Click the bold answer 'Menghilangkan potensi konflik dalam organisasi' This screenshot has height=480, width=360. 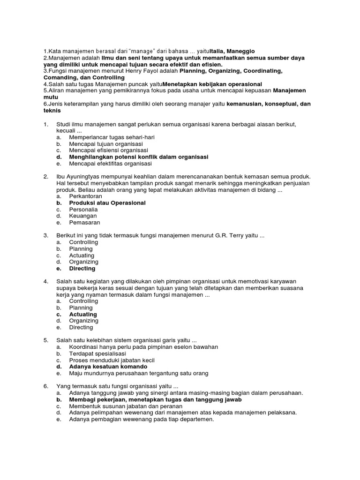coord(139,157)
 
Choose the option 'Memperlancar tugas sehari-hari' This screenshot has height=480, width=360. coord(112,137)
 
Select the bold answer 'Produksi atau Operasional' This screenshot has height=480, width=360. coord(107,203)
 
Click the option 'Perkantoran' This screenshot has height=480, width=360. coord(85,196)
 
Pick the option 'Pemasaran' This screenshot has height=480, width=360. coord(84,223)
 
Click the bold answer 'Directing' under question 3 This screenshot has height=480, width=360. coord(82,269)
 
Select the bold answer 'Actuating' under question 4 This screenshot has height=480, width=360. coord(83,314)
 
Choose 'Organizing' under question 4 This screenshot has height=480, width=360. coord(83,321)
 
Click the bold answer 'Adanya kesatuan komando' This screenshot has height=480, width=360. coord(108,367)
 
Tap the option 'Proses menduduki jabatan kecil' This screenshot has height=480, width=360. coord(112,360)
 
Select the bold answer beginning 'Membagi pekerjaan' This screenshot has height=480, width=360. coord(155,399)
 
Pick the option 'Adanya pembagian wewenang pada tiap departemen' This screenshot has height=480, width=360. coord(141,419)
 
